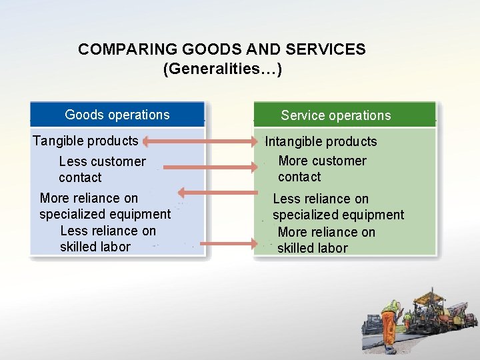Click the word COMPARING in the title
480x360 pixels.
tap(119, 49)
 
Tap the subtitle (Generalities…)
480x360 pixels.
tap(222, 69)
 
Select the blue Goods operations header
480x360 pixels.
tap(117, 115)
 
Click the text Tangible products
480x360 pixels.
tap(85, 141)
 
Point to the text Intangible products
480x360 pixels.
tap(321, 141)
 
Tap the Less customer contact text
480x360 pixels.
tap(101, 169)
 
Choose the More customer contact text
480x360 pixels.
tap(322, 169)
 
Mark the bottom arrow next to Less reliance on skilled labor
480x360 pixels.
tap(227, 244)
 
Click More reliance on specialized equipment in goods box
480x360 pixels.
tap(105, 206)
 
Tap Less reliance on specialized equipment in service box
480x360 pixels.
tap(338, 207)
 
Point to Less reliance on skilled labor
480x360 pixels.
tap(107, 239)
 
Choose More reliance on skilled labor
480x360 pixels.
tap(326, 240)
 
